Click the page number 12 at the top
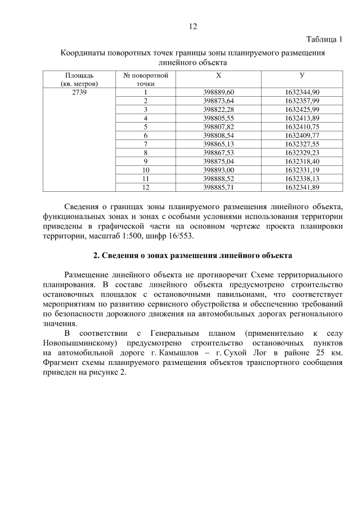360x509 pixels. [193, 26]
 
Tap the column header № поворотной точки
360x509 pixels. [145, 79]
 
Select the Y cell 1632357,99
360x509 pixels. [302, 100]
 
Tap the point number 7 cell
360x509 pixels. [145, 144]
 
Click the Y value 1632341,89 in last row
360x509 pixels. [302, 187]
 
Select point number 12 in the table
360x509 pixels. [145, 187]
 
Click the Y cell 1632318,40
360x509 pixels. [302, 161]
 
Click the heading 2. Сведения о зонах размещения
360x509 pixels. [192, 256]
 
